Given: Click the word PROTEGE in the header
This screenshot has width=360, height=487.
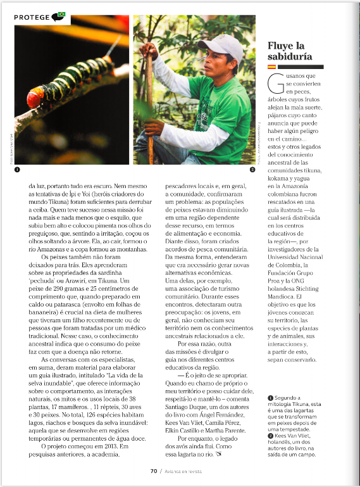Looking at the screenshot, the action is tap(33, 16).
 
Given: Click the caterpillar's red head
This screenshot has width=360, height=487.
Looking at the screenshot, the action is tap(35, 97).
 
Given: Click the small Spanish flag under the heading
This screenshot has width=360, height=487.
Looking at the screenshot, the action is tap(271, 66).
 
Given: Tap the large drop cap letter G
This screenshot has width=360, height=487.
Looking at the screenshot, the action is tap(275, 84).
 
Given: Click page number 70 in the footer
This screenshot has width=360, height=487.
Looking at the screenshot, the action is tap(153, 471).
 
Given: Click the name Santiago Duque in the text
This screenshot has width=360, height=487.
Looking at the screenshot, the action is tap(182, 396).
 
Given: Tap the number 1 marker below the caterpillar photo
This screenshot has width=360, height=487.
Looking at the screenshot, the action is tap(17, 170).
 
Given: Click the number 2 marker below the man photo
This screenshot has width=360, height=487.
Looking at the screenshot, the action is tap(252, 170).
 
